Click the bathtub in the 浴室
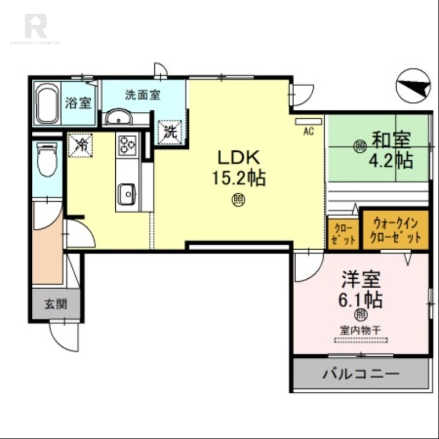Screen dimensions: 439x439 click(48, 104)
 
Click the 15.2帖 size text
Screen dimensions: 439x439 click(239, 178)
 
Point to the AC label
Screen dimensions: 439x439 click(308, 131)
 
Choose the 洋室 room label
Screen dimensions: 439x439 click(361, 280)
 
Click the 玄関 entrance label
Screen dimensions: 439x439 click(55, 304)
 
